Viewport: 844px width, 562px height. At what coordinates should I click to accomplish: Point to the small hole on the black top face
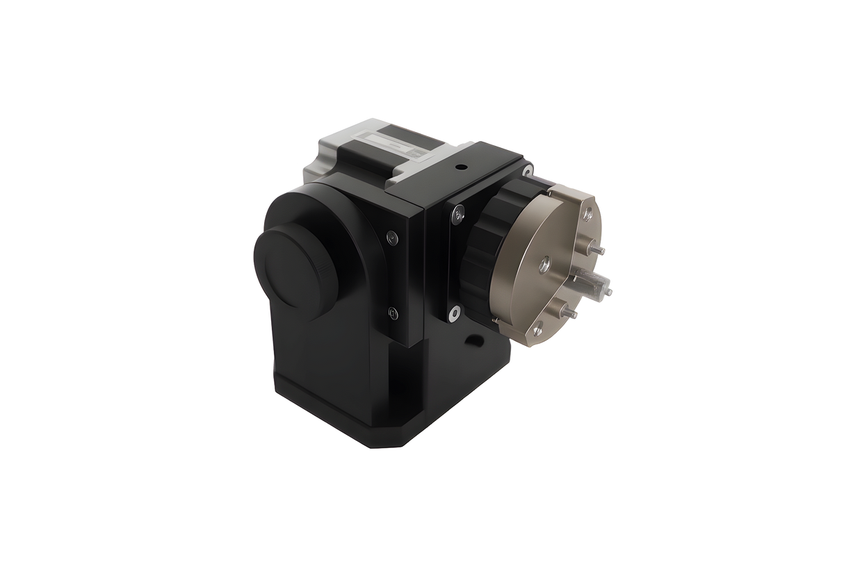[x=460, y=167]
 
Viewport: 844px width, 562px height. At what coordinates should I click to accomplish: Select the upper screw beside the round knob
[x=392, y=238]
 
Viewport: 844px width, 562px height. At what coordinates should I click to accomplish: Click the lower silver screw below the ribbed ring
[x=453, y=313]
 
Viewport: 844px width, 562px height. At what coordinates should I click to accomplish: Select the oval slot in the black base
[x=476, y=340]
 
